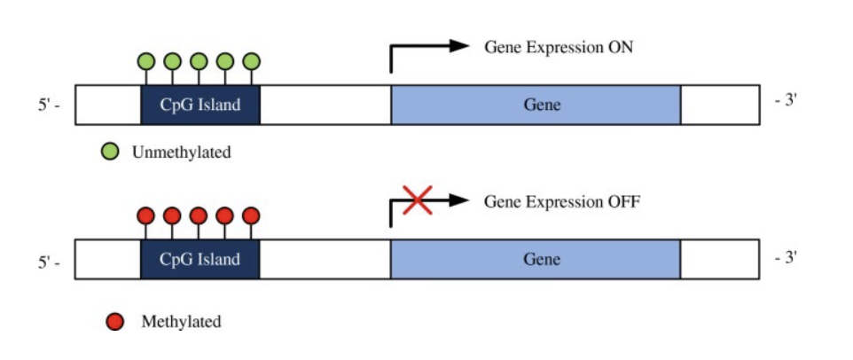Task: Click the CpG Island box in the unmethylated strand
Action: pyautogui.click(x=200, y=105)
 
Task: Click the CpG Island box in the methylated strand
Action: pyautogui.click(x=200, y=259)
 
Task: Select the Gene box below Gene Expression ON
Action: pyautogui.click(x=536, y=105)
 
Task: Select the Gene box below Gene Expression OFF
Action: pyautogui.click(x=536, y=259)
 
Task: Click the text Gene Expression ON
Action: pyautogui.click(x=559, y=47)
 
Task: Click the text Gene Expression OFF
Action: pyautogui.click(x=561, y=201)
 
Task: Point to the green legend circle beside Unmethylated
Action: pyautogui.click(x=110, y=153)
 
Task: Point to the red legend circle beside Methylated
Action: pyautogui.click(x=115, y=321)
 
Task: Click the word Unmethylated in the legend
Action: pyautogui.click(x=181, y=153)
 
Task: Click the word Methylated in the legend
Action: pyautogui.click(x=181, y=321)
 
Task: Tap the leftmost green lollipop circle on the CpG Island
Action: pyautogui.click(x=146, y=61)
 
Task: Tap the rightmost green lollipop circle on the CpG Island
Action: pyautogui.click(x=252, y=61)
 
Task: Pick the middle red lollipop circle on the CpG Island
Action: pyautogui.click(x=199, y=215)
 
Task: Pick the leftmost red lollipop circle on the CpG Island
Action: pyautogui.click(x=146, y=215)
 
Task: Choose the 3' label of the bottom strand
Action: pyautogui.click(x=786, y=258)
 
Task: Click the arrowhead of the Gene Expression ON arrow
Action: pyautogui.click(x=459, y=46)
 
